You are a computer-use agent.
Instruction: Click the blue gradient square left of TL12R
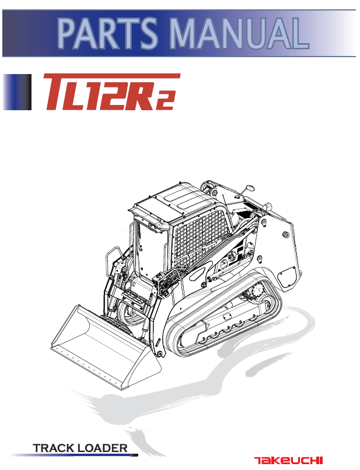pos(16,92)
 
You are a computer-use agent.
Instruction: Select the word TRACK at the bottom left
pos(54,448)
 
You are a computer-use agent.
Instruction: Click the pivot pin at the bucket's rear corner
pos(158,354)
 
